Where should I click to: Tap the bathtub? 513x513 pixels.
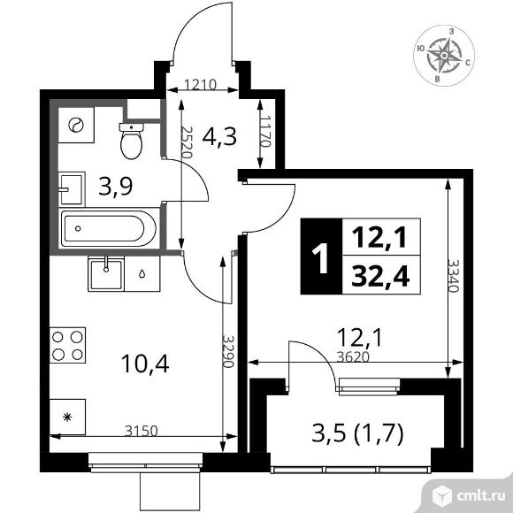coord(109,228)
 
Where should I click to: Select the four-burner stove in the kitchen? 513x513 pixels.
coord(67,345)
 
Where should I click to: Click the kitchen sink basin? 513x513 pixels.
coord(106,274)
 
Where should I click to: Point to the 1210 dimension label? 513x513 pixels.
coord(200,85)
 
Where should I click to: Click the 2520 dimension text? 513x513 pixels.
coord(186,142)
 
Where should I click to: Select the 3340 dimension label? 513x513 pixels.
coord(454,276)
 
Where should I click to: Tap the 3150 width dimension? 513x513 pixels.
coord(142,431)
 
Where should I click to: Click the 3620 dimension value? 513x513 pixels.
coord(353,357)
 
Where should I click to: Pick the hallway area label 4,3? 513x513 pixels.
coord(219,137)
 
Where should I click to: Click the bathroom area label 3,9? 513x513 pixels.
coord(116,187)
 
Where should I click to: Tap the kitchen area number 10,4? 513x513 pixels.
coord(145,364)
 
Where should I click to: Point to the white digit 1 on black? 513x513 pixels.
coord(321,257)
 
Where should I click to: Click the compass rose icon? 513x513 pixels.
coord(444,56)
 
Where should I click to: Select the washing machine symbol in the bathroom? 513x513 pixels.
coord(76,125)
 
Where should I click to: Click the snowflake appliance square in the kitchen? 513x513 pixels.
coord(67,417)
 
